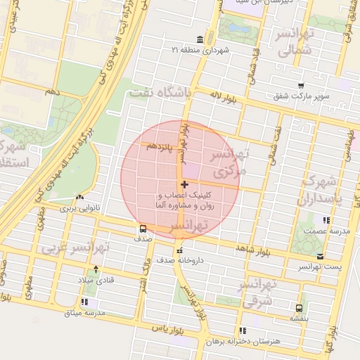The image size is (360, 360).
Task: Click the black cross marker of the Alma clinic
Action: (184, 184)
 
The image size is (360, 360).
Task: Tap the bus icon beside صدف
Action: (143, 229)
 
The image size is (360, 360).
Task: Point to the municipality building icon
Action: (201, 39)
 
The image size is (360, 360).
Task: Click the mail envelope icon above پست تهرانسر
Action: (321, 256)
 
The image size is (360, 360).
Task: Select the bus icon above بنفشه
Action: (300, 308)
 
